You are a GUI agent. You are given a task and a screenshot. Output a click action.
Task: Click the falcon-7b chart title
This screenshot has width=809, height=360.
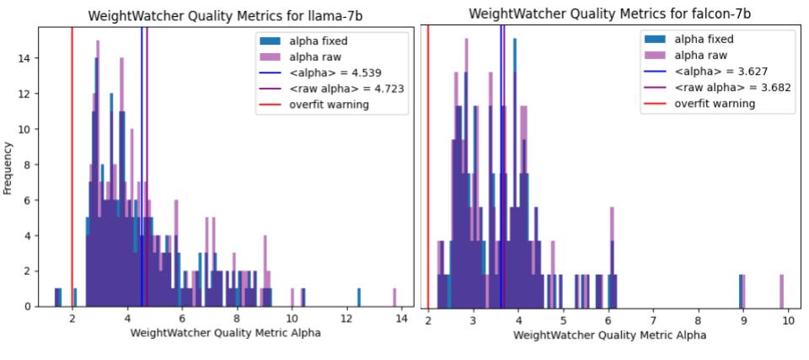tap(610, 13)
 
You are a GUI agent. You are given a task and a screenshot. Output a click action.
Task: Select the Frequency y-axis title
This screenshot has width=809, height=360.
tap(8, 168)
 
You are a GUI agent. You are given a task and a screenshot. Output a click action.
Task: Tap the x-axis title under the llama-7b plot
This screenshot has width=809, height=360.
tap(225, 332)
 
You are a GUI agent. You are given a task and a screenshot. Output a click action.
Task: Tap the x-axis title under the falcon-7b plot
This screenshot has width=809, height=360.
tap(610, 335)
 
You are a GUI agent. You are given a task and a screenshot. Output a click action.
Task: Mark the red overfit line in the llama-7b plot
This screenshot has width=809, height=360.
tap(72, 169)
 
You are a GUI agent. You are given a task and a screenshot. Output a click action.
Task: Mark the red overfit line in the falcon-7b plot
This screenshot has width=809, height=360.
tap(428, 169)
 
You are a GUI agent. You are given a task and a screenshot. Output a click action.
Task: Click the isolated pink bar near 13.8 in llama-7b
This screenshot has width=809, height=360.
tap(394, 297)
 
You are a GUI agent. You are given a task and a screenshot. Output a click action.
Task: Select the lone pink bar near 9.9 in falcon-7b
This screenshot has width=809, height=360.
tap(781, 290)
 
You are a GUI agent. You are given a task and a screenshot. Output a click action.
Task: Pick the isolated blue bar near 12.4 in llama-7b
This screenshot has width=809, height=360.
tap(358, 297)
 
